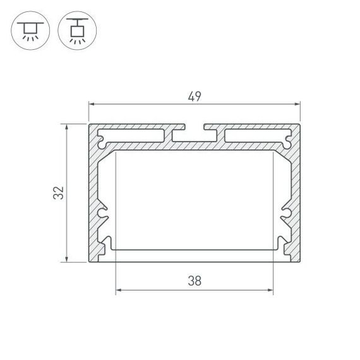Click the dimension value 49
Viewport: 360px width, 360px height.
click(195, 96)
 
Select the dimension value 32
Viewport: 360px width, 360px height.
click(59, 193)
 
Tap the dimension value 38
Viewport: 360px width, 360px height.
click(195, 282)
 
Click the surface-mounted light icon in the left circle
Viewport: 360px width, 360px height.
click(29, 30)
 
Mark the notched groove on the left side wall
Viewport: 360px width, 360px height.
click(104, 215)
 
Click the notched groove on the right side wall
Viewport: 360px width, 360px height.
click(285, 215)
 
